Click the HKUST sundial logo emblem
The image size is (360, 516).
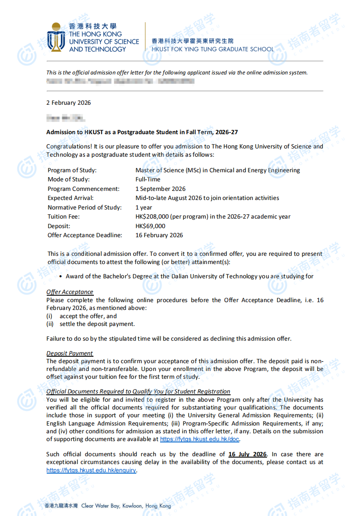(56, 37)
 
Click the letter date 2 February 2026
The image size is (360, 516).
(68, 103)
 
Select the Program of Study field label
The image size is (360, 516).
(72, 170)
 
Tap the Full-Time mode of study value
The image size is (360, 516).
(148, 179)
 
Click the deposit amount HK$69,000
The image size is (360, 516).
(150, 226)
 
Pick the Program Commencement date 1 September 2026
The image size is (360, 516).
(160, 189)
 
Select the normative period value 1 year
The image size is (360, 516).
(144, 207)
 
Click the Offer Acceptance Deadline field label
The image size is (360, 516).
(85, 235)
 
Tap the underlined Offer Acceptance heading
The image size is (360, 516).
(70, 292)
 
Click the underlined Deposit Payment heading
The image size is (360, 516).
(70, 353)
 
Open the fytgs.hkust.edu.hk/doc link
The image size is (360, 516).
(199, 439)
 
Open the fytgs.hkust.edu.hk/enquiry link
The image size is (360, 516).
(91, 470)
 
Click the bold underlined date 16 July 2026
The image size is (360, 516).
(247, 454)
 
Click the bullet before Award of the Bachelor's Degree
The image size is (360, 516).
(61, 276)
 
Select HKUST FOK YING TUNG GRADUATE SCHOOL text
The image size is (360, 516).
(212, 49)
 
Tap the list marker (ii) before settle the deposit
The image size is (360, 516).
(50, 324)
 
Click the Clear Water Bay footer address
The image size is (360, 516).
(126, 506)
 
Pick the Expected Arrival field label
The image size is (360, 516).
(71, 198)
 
